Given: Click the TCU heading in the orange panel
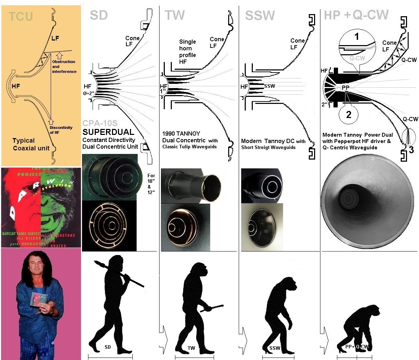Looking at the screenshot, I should click(x=21, y=16).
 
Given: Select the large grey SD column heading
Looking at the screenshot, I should click(x=99, y=15).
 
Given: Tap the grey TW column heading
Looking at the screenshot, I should click(x=175, y=15).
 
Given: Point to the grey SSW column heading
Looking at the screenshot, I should click(x=260, y=15).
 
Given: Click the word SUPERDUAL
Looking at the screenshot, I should click(x=108, y=132).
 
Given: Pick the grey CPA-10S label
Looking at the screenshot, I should click(x=100, y=124).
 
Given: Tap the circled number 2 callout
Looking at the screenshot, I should click(x=349, y=114).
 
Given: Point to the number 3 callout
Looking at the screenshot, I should click(x=411, y=150).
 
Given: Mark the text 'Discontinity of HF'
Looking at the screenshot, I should click(x=61, y=130).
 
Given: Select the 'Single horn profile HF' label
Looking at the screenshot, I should click(x=187, y=52).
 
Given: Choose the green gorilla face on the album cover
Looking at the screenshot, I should click(x=60, y=211).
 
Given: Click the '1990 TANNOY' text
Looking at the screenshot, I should click(x=181, y=134).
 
